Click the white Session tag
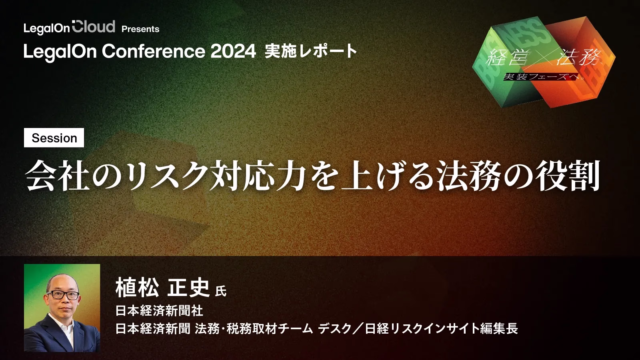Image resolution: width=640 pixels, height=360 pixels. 54,138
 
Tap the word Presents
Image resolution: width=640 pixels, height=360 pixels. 140,29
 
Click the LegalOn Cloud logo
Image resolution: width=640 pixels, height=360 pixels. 70,28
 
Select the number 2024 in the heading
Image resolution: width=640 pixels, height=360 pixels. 233,51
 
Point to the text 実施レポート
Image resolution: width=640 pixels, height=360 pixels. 311,52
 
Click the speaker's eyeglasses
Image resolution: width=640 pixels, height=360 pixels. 63,295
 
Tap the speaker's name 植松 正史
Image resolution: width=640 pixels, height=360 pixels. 162,288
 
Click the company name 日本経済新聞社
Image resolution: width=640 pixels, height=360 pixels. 159,311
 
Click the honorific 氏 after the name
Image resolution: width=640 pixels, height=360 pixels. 220,291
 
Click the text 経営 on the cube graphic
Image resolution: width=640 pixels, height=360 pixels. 508,58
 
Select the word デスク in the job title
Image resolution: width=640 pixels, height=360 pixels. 334,328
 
